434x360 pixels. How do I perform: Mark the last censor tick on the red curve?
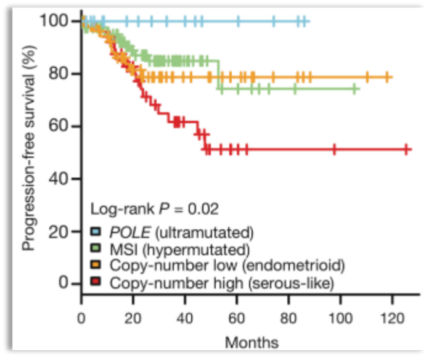[406, 149]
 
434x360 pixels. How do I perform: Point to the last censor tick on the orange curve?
[388, 77]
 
